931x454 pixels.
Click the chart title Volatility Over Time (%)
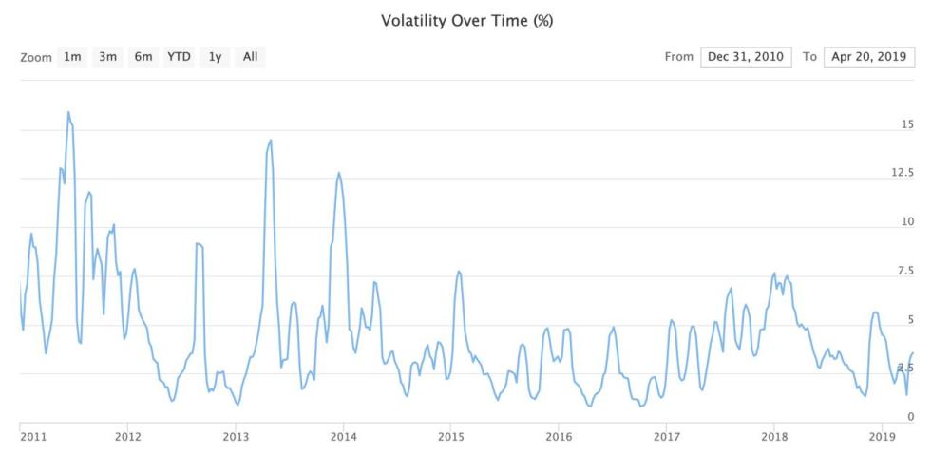point(466,20)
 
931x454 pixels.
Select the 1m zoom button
point(72,57)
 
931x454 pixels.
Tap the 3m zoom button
point(108,57)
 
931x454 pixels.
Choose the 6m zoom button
point(143,57)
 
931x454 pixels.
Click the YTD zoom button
point(180,57)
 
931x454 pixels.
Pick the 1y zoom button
point(216,57)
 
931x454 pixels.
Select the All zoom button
point(250,57)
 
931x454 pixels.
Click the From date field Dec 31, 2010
point(746,57)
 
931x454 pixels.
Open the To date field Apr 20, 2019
point(869,57)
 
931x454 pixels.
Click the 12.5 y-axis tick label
point(902,173)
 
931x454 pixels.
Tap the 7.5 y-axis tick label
point(905,271)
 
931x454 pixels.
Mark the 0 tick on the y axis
point(910,416)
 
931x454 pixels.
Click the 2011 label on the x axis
point(33,436)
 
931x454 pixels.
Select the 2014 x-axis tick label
point(343,436)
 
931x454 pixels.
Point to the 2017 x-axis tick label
point(666,436)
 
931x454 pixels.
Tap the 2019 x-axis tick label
point(882,436)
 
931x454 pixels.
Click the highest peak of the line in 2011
point(68,112)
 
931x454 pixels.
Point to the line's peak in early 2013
point(271,141)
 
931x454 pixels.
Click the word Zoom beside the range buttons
point(35,57)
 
